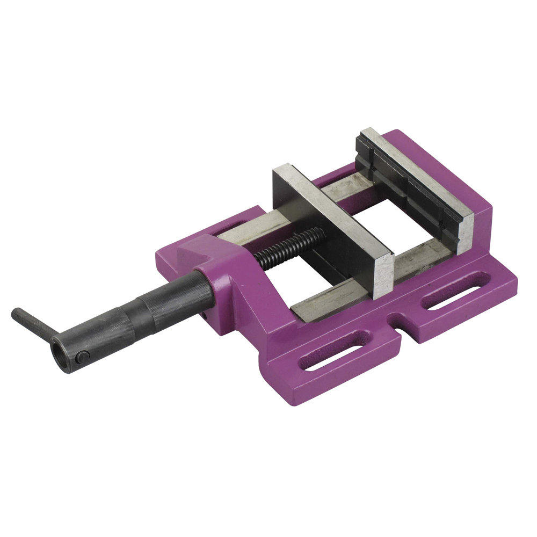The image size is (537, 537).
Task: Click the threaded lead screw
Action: [290, 244]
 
